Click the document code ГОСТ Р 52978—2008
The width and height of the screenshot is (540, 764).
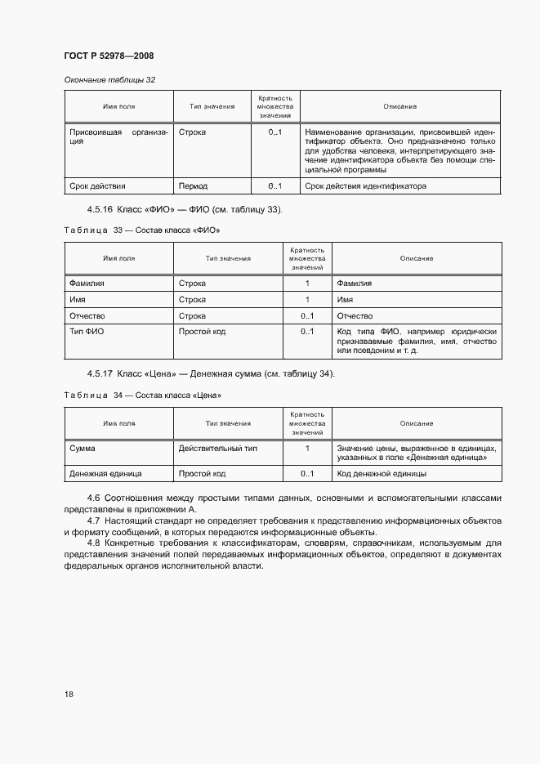pyautogui.click(x=109, y=56)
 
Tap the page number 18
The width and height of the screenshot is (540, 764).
pyautogui.click(x=69, y=694)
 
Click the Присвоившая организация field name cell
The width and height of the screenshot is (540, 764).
pyautogui.click(x=118, y=136)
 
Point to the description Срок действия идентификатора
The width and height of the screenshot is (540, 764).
pyautogui.click(x=365, y=185)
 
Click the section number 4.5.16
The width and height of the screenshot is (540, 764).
pyautogui.click(x=101, y=210)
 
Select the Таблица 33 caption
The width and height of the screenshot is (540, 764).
pyautogui.click(x=142, y=230)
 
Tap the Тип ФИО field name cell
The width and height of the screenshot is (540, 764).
pyautogui.click(x=86, y=332)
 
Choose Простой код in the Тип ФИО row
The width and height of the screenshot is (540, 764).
pyautogui.click(x=202, y=332)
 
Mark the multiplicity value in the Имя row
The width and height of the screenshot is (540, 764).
pyautogui.click(x=306, y=300)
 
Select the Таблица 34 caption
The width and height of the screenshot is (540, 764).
pyautogui.click(x=143, y=395)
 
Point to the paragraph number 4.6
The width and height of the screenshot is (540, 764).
pyautogui.click(x=93, y=498)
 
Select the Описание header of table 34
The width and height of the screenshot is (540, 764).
pyautogui.click(x=416, y=423)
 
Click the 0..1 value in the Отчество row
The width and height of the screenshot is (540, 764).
pyautogui.click(x=306, y=315)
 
